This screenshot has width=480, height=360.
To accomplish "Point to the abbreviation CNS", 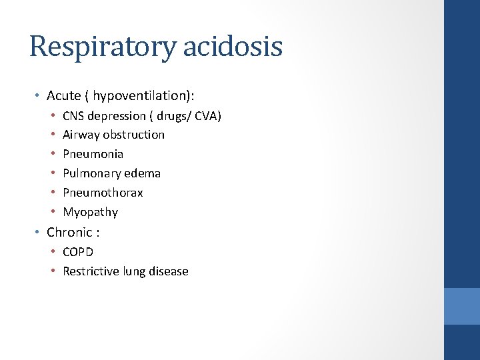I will (x=74, y=116).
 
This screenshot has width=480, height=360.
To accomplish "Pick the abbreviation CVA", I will (x=203, y=116).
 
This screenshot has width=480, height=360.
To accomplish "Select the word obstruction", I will (x=134, y=135).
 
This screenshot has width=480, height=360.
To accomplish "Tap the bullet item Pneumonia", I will (x=93, y=154).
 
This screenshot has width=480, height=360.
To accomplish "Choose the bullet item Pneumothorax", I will (x=103, y=193).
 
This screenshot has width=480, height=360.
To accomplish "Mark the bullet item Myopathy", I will (x=90, y=212).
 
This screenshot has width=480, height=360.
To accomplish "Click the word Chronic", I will (x=69, y=232).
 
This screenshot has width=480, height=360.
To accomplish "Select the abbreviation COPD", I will (x=78, y=252).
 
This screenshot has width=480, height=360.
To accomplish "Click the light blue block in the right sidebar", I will (x=461, y=306).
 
